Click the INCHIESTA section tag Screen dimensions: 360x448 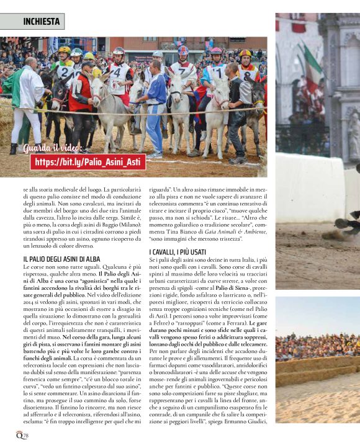point(41,22)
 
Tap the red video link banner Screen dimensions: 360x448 point(88,162)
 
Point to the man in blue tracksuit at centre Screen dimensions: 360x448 point(154,105)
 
